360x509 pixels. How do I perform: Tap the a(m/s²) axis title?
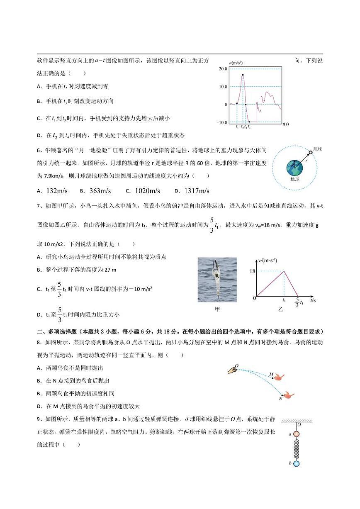pos(235,63)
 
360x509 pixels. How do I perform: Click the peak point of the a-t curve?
pos(243,75)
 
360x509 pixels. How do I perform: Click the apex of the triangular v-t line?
pos(284,271)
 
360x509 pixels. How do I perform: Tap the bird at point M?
pos(279,377)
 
